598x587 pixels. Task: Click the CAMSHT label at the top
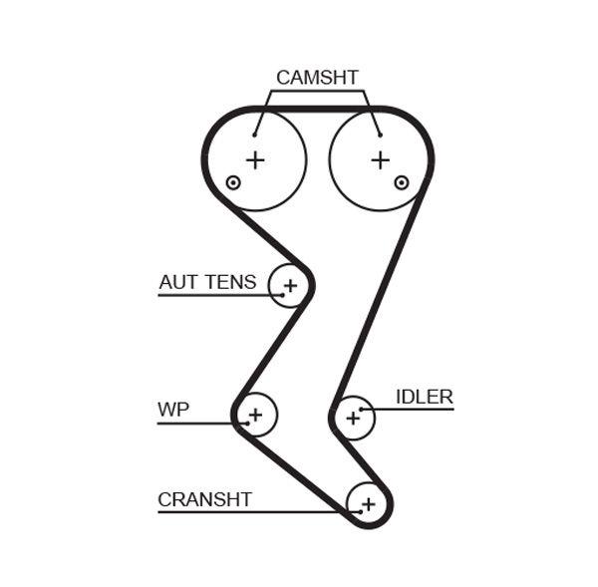[x=317, y=77]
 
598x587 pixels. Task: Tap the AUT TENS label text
[x=207, y=283]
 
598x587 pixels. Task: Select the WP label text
[x=172, y=410]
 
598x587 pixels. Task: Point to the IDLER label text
[x=424, y=397]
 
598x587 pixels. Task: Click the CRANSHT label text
[x=204, y=499]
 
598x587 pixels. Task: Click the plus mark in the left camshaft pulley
[x=256, y=159]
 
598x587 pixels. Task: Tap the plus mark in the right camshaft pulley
[x=380, y=159]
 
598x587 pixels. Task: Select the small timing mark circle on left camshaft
[x=233, y=182]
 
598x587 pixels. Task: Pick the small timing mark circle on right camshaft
[x=401, y=182]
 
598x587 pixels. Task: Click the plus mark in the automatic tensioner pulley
[x=290, y=287]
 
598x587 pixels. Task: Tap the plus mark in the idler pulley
[x=352, y=418]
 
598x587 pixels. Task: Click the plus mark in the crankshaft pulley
[x=368, y=504]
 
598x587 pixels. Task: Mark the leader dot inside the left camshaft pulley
[x=255, y=134]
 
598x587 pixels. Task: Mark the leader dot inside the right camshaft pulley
[x=379, y=134]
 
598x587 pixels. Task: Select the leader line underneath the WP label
[x=194, y=424]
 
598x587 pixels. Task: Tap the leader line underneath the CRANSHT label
[x=249, y=512]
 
